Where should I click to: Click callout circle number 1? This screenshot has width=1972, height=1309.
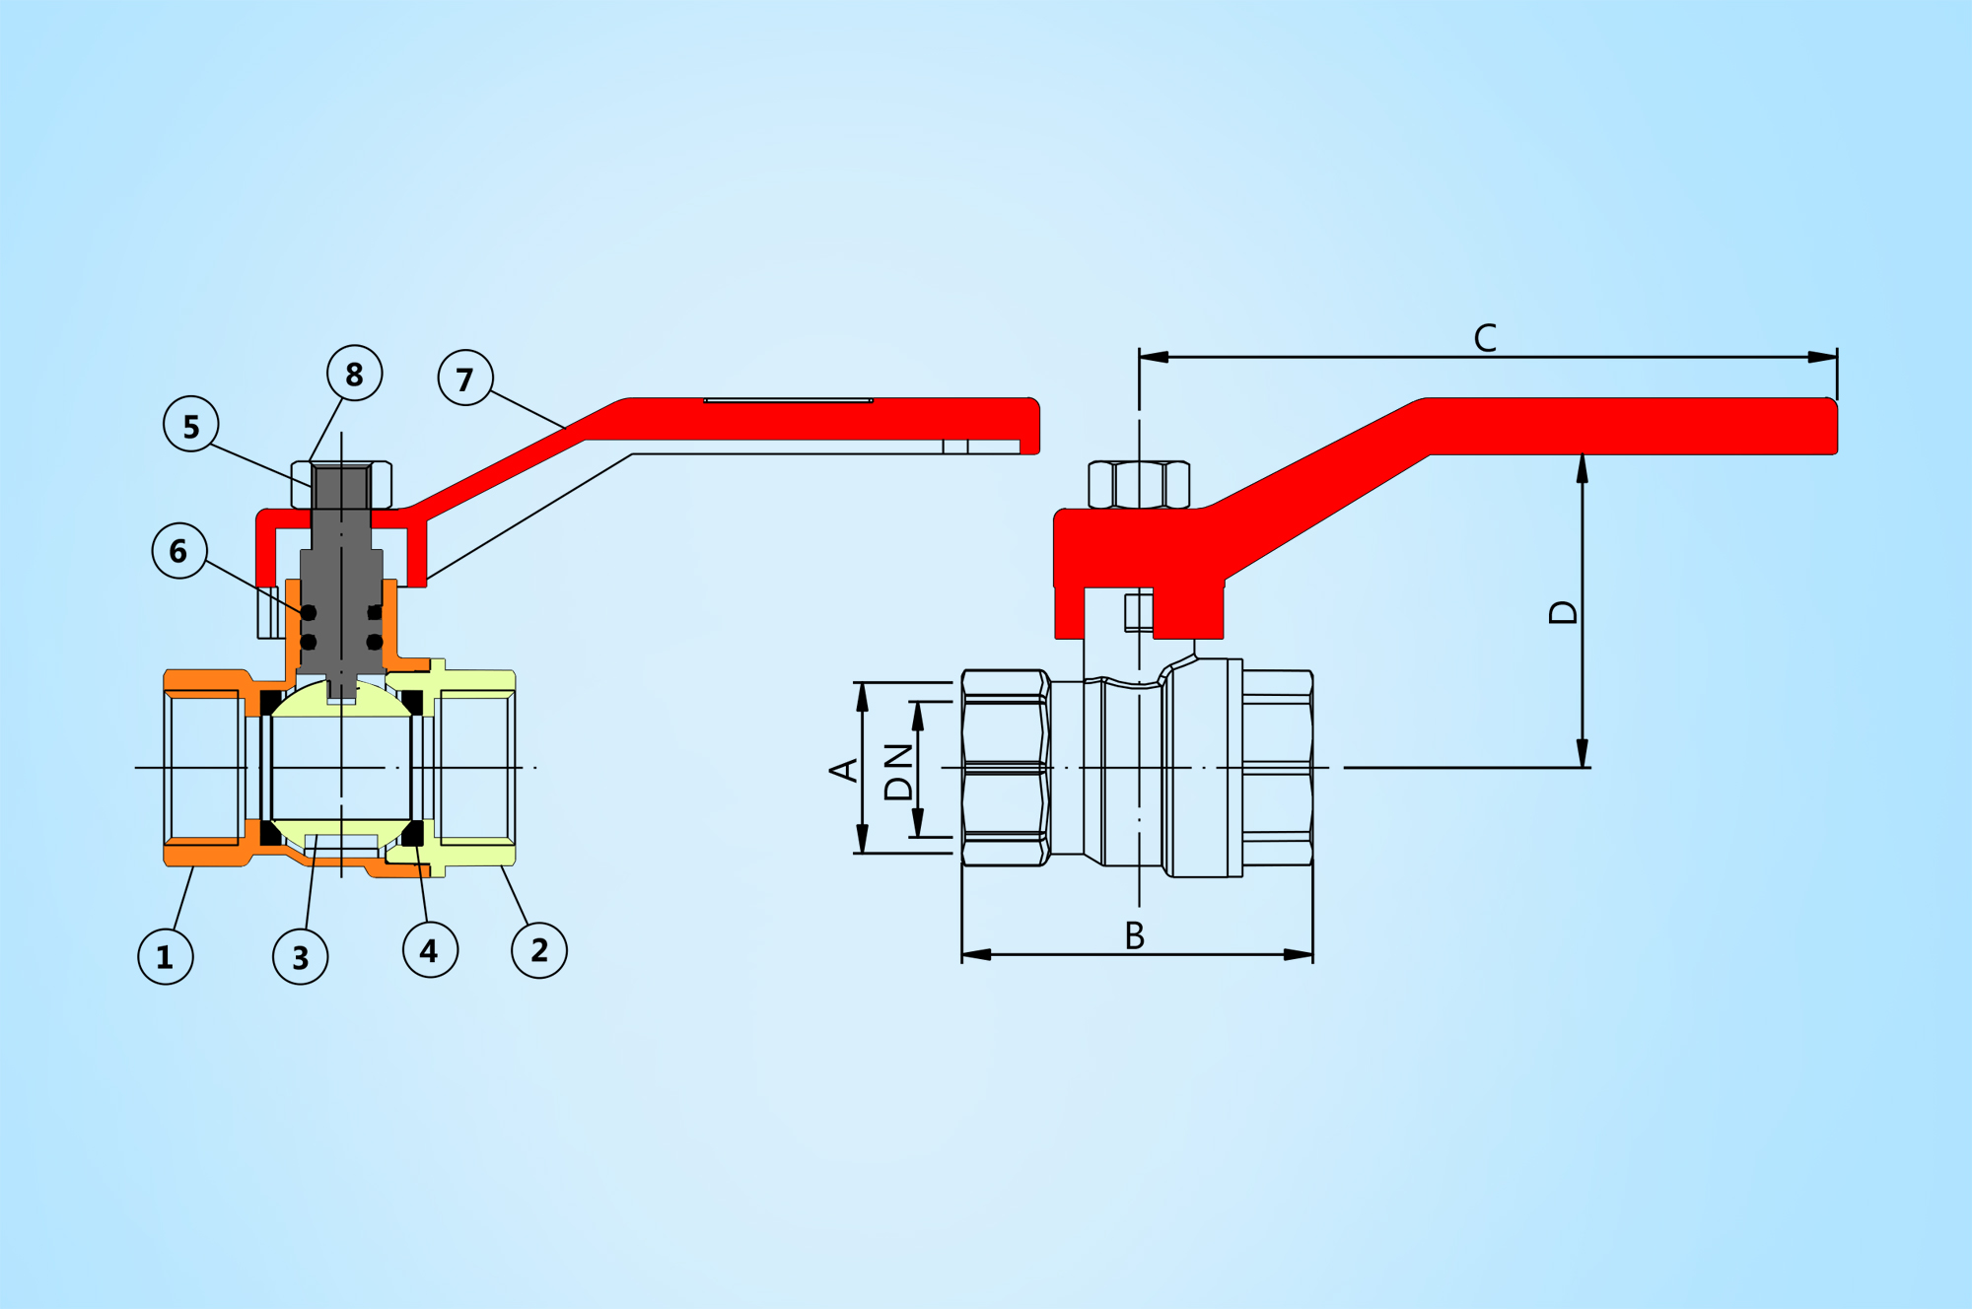tap(166, 956)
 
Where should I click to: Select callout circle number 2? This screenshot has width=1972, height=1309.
tap(539, 950)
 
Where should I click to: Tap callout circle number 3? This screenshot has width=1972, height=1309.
tap(301, 957)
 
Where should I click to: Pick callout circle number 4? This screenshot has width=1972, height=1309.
tap(430, 950)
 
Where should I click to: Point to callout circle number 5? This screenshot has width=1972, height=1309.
tap(191, 425)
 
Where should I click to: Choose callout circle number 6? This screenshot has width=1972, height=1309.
tap(179, 550)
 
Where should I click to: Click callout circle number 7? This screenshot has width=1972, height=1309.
tap(465, 378)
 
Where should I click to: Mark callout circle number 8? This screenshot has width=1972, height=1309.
tap(355, 374)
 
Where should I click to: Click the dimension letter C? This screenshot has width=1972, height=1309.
tap(1485, 338)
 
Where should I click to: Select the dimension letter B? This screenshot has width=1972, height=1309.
tap(1135, 935)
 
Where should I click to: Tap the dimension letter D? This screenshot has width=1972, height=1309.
tap(1564, 612)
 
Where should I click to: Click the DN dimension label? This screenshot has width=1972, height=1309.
tap(898, 772)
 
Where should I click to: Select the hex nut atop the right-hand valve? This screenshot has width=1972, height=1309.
tap(1139, 484)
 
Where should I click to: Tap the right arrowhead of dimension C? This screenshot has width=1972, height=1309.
tap(1824, 357)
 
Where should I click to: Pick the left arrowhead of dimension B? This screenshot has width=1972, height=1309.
tap(975, 954)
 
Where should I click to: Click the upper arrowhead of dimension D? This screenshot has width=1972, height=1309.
tap(1583, 467)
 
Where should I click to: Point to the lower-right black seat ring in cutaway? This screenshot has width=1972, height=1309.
tap(412, 833)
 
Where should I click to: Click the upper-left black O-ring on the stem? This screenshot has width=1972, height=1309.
tap(309, 613)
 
